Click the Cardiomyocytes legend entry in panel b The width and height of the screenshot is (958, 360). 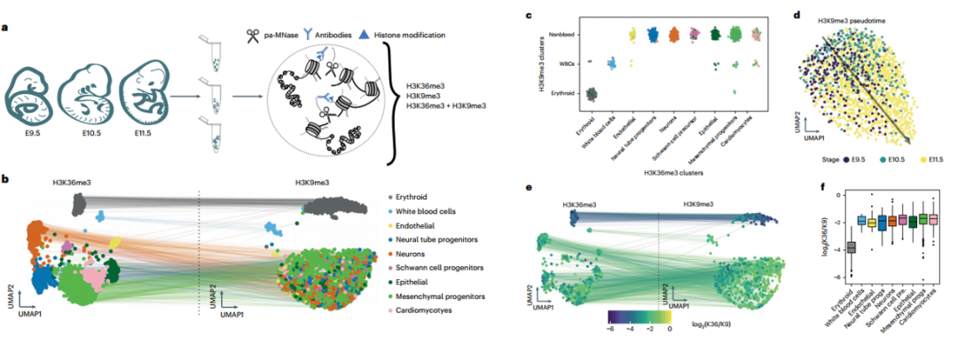coord(431,310)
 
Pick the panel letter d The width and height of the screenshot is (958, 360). coord(797,17)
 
